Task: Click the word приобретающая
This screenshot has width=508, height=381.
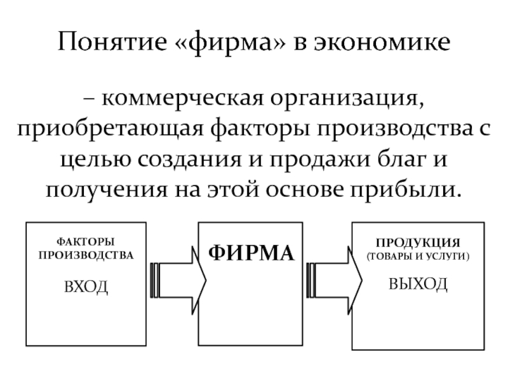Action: (107, 130)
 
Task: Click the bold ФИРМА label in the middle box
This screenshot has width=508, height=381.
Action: (252, 253)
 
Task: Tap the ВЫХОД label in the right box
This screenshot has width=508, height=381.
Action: (418, 283)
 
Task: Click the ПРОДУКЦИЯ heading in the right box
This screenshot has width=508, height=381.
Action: (418, 243)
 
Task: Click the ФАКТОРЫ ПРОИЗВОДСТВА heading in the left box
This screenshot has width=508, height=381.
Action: (86, 249)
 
